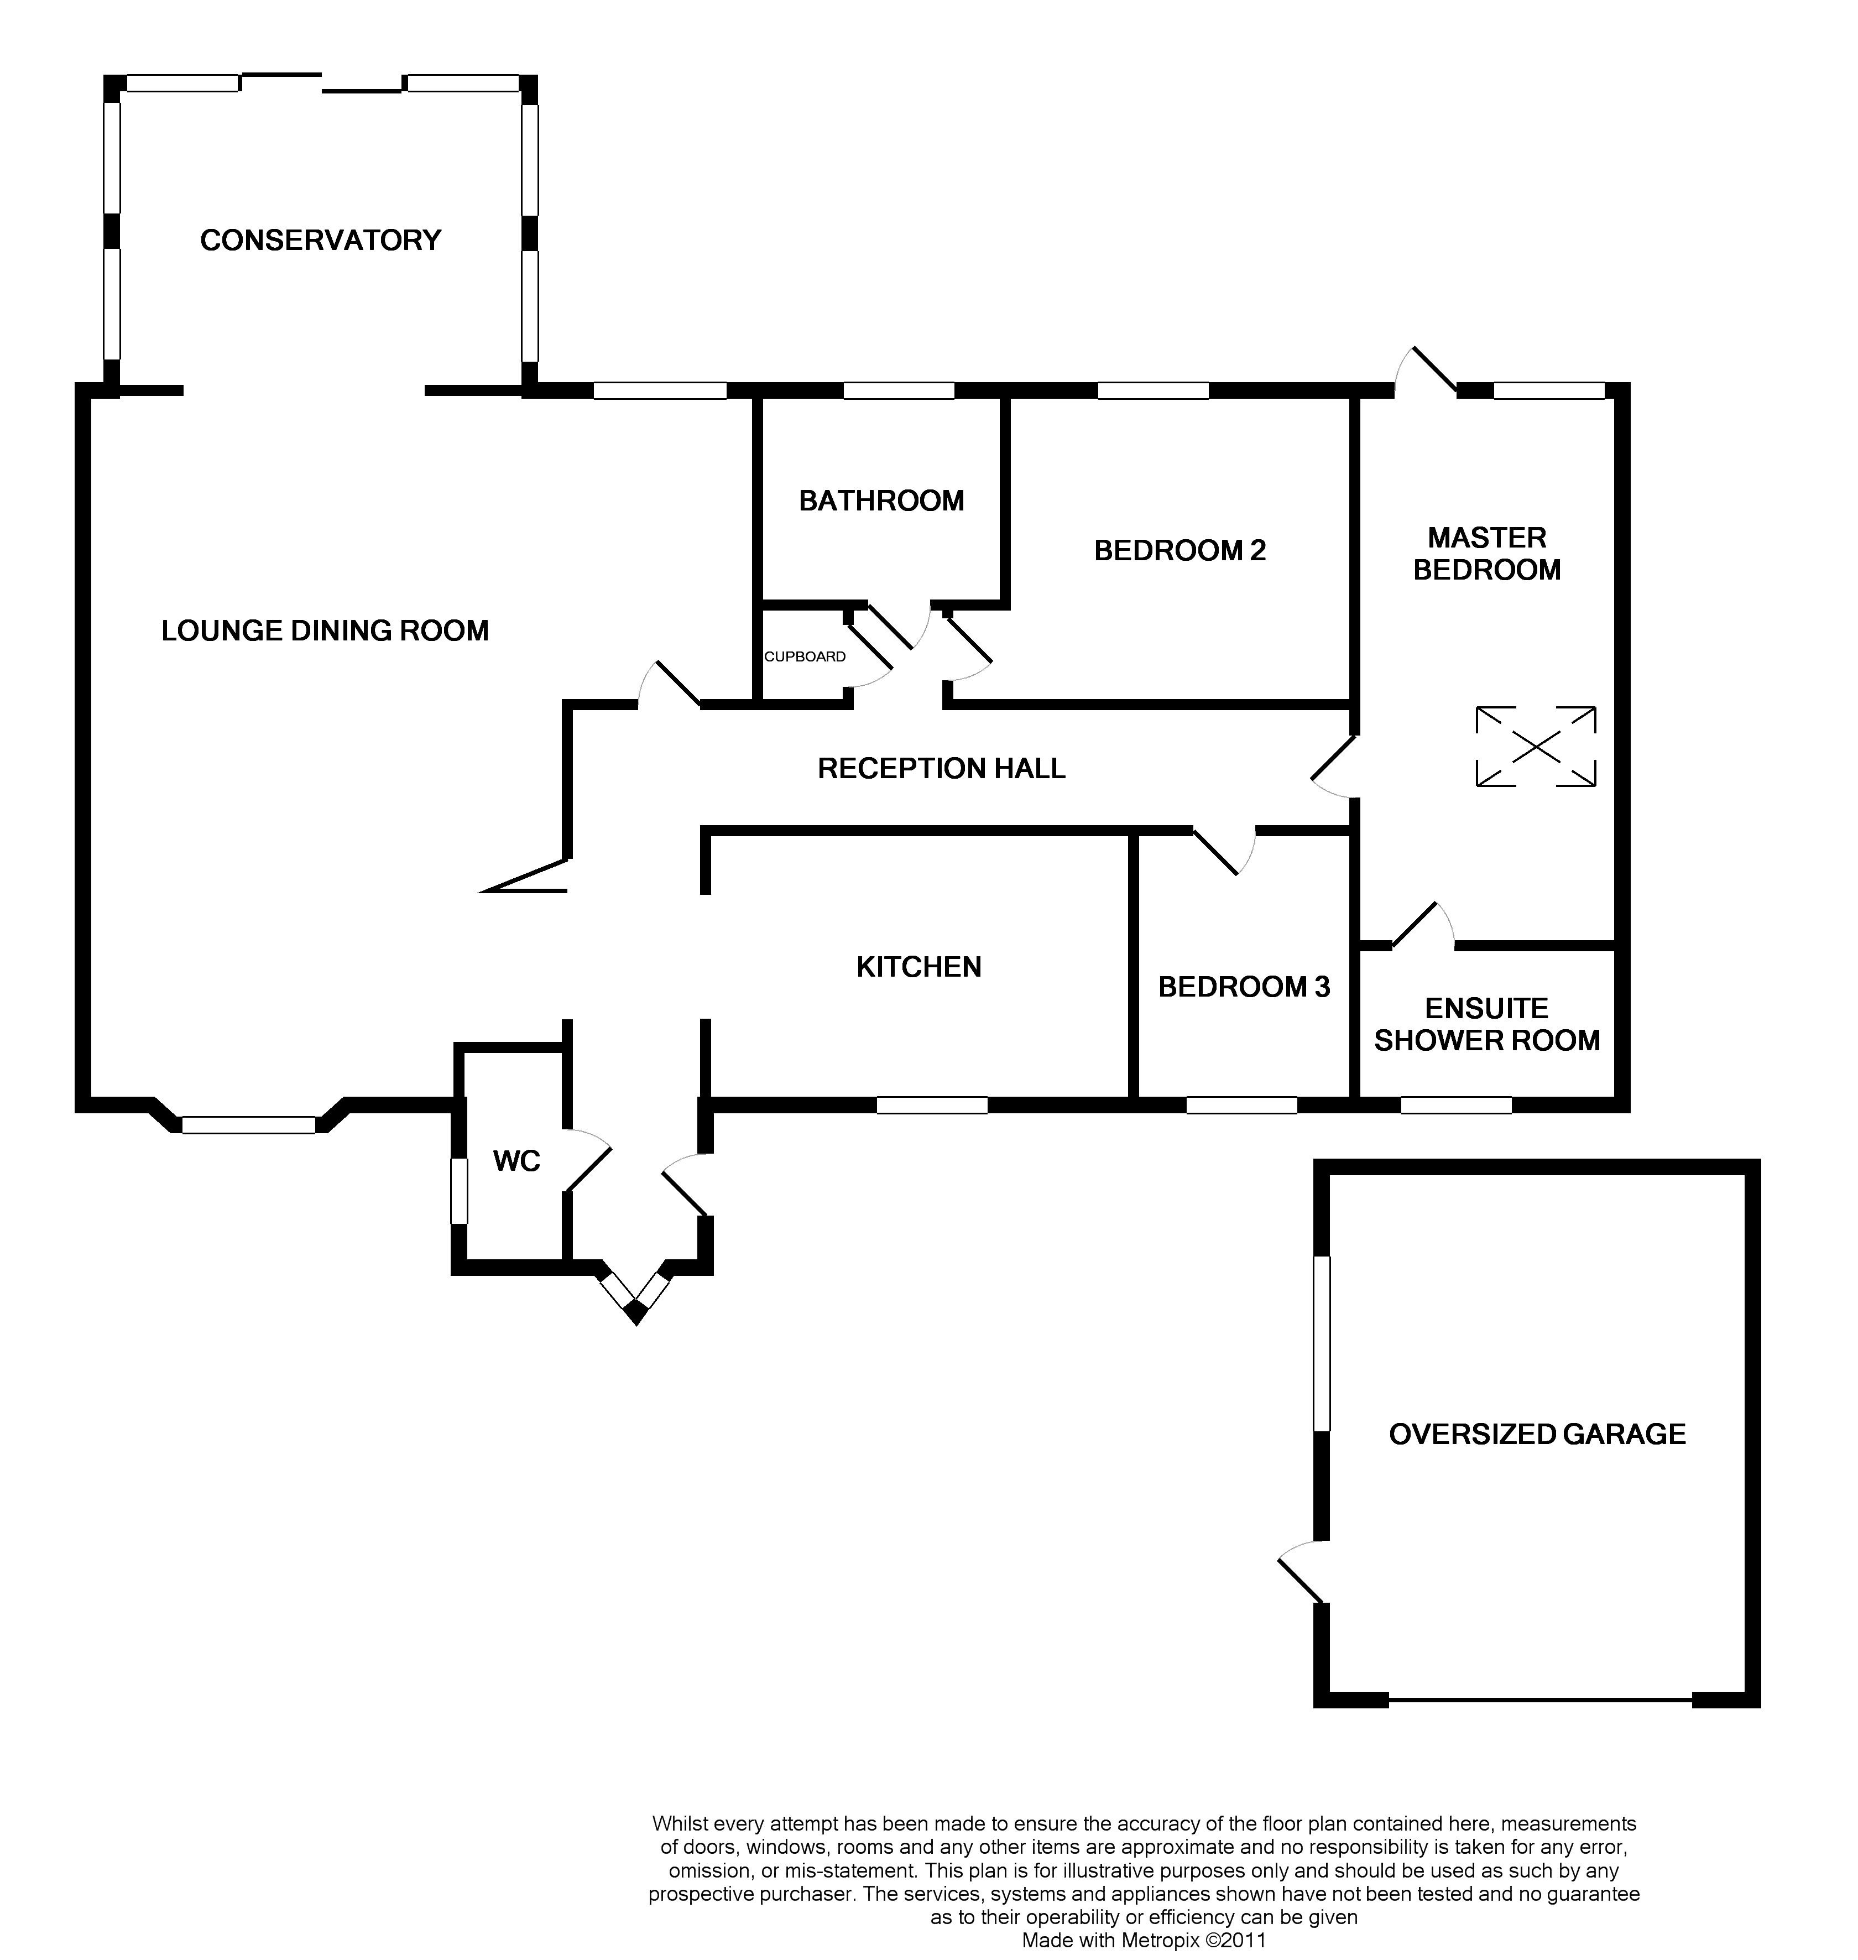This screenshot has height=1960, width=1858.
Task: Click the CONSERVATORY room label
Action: pyautogui.click(x=320, y=239)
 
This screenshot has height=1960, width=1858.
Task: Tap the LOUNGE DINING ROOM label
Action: pyautogui.click(x=325, y=631)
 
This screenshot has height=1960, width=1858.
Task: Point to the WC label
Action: pyautogui.click(x=516, y=1161)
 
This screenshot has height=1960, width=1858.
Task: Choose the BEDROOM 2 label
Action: pyautogui.click(x=1179, y=551)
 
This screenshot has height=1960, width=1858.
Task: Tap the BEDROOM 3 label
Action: pyautogui.click(x=1244, y=987)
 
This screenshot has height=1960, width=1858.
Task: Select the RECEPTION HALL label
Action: pyautogui.click(x=941, y=769)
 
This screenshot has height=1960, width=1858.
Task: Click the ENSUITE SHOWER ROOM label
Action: pyautogui.click(x=1486, y=1024)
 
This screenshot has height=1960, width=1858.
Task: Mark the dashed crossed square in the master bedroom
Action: pyautogui.click(x=1535, y=747)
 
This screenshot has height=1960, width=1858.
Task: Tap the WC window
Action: pyautogui.click(x=458, y=1191)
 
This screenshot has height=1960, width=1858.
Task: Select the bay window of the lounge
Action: pyautogui.click(x=249, y=1124)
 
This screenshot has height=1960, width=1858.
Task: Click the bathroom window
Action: pyautogui.click(x=898, y=391)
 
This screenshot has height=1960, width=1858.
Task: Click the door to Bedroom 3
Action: pyautogui.click(x=1224, y=850)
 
